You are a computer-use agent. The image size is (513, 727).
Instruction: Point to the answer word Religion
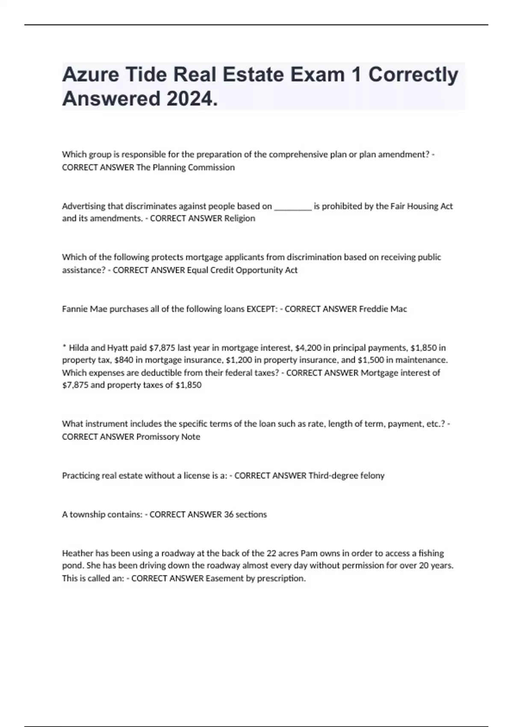point(239,219)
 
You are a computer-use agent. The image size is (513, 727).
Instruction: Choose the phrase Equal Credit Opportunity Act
point(242,270)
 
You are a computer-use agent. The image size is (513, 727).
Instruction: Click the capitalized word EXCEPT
point(262,309)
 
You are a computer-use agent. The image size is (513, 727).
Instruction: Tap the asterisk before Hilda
point(64,347)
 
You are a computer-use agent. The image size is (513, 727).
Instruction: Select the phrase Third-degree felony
point(346,476)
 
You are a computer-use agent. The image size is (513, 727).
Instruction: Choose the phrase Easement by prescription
point(255,579)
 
